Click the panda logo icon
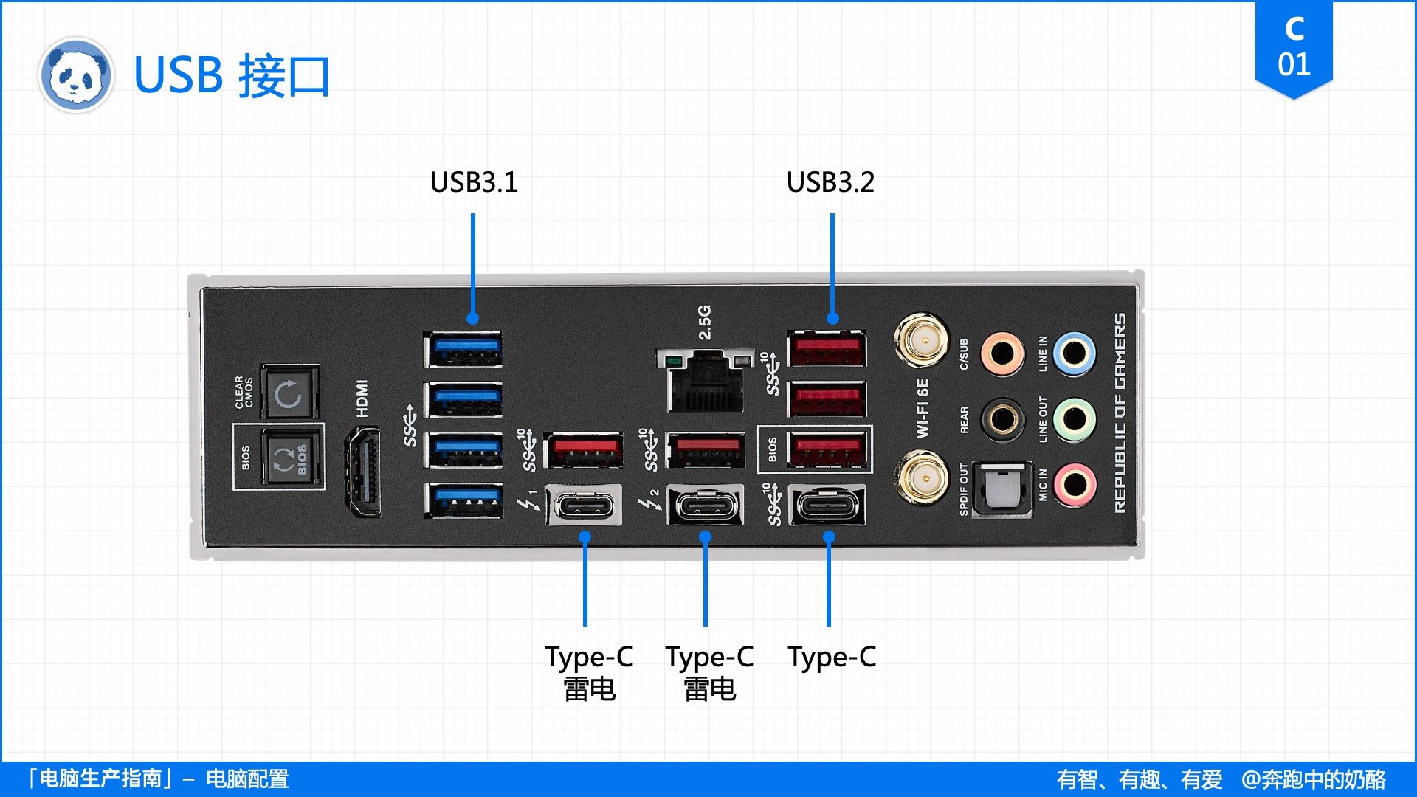tap(75, 75)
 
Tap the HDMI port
tap(363, 472)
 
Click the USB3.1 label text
tap(474, 182)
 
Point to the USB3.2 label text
tap(830, 182)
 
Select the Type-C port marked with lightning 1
tap(584, 506)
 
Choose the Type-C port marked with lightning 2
tap(706, 506)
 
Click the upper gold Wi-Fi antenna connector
tap(921, 340)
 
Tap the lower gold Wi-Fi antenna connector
tap(921, 479)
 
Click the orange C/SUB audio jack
tap(1002, 353)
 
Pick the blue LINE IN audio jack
tap(1074, 353)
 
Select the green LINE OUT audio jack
tap(1074, 420)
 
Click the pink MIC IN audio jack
tap(1074, 485)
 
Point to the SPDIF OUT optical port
tap(1001, 489)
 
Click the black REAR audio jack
tap(1002, 419)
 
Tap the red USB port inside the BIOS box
tap(827, 449)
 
